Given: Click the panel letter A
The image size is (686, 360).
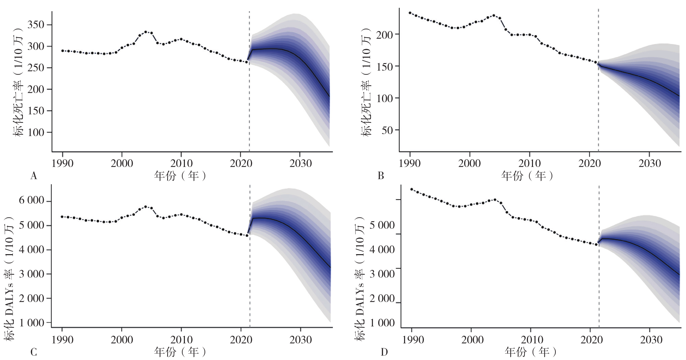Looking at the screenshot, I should pyautogui.click(x=34, y=176).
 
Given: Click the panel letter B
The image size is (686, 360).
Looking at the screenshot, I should pyautogui.click(x=381, y=176).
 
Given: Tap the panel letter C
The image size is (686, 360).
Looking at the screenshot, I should pyautogui.click(x=34, y=352).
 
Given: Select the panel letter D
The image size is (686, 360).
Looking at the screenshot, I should pyautogui.click(x=384, y=352).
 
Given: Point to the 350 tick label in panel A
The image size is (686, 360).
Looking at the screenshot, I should pyautogui.click(x=36, y=24).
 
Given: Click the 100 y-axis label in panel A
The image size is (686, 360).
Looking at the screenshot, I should pyautogui.click(x=36, y=132).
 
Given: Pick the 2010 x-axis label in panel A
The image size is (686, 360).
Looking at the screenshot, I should pyautogui.click(x=181, y=164).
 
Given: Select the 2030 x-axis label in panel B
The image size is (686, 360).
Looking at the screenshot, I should pyautogui.click(x=650, y=164).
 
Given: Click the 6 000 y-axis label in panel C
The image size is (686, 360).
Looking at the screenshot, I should pyautogui.click(x=32, y=201).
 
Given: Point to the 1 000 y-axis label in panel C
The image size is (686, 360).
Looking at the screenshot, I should pyautogui.click(x=32, y=323).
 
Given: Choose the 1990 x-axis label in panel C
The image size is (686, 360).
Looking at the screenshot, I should pyautogui.click(x=62, y=340).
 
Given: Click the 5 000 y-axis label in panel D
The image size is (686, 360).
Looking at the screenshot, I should pyautogui.click(x=382, y=225).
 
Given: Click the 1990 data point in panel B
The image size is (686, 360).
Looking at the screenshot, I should pyautogui.click(x=410, y=13).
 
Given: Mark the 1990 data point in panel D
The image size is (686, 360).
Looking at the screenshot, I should pyautogui.click(x=412, y=189).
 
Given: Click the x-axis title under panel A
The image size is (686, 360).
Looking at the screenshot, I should pyautogui.click(x=180, y=176).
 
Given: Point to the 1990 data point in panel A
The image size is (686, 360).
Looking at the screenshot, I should pyautogui.click(x=62, y=51).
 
